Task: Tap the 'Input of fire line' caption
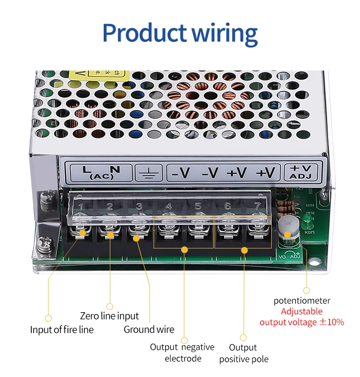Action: point(62,330)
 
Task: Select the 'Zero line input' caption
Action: point(109,316)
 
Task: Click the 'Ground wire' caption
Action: point(149,330)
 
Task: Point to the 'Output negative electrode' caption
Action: point(182,353)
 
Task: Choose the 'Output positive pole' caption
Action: point(243,353)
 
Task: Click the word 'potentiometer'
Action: point(302,301)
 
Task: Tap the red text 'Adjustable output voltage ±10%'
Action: point(302,317)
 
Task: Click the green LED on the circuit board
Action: point(307,221)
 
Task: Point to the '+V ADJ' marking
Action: point(300,172)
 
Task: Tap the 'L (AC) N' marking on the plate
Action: point(101,172)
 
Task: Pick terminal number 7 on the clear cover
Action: point(257,206)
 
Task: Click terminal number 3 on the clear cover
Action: point(139,207)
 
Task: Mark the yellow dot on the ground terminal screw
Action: point(136,237)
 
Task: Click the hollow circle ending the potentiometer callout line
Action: point(306,290)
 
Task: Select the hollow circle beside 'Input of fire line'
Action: point(48,318)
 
